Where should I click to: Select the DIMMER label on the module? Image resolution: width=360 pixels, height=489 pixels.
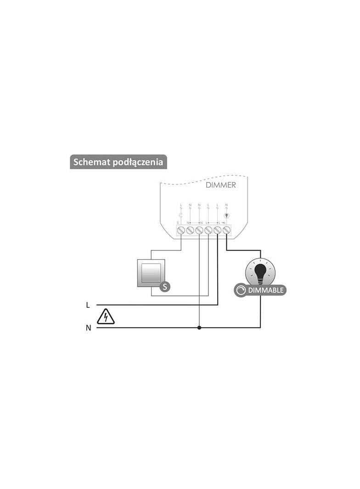pos(221,185)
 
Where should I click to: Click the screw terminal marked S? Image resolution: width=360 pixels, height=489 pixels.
pos(181,230)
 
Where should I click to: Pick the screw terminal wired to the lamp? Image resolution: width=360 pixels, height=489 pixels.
pos(226,230)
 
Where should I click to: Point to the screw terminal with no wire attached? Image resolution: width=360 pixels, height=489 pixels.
pos(190,230)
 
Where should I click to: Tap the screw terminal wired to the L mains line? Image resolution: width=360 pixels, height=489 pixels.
pos(217,230)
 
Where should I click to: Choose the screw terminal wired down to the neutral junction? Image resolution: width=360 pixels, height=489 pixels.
pos(199,230)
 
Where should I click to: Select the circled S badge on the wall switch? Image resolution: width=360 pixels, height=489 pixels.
pos(165,287)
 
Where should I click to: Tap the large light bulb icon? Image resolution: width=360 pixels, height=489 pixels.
pos(260,271)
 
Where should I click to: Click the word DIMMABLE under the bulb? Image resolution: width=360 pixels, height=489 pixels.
pos(266,290)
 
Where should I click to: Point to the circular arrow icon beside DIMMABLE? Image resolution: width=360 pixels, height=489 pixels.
pos(241,290)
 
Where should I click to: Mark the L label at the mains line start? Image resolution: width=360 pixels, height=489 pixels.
pos(88,305)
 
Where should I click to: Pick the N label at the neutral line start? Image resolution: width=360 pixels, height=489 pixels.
pos(88,328)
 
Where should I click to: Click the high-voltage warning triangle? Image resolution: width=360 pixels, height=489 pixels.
pos(106,317)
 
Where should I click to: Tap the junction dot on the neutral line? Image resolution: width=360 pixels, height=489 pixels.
pos(199,328)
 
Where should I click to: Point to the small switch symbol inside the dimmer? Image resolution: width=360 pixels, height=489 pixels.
pos(181,215)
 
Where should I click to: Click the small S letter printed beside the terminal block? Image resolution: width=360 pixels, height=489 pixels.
pos(177,222)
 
